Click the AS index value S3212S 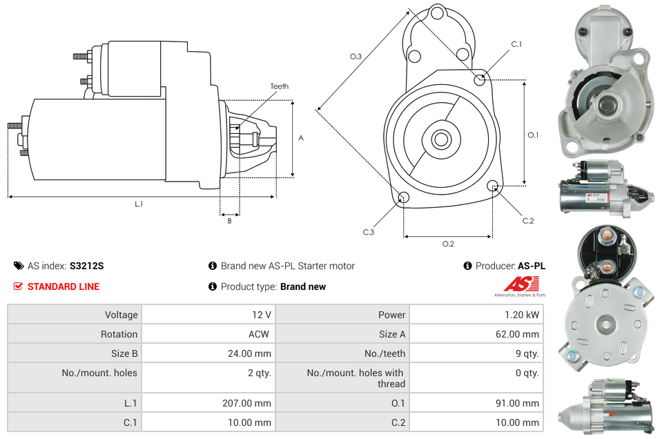(x=86, y=266)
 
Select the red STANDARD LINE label (x=63, y=286)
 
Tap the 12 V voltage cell (x=261, y=315)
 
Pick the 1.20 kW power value (x=523, y=315)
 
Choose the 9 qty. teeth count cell (x=527, y=353)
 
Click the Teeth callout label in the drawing (x=280, y=86)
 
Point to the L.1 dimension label (x=139, y=204)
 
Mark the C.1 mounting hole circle (x=481, y=79)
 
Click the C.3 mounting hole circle (x=404, y=199)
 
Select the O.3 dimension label (x=356, y=57)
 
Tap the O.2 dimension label (x=448, y=244)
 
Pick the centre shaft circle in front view (x=440, y=139)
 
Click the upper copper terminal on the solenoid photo (x=602, y=240)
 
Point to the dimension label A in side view (x=301, y=138)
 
